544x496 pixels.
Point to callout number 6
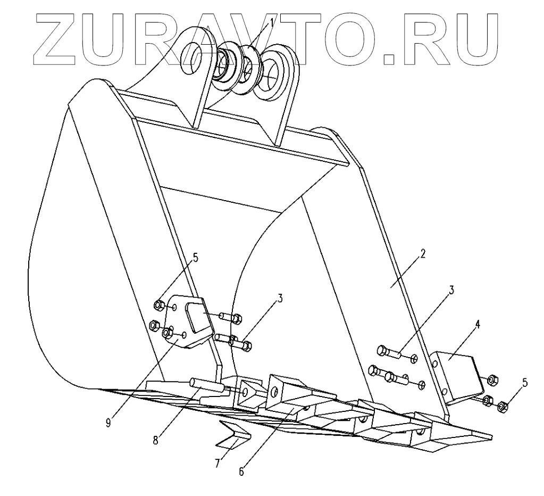click(242, 471)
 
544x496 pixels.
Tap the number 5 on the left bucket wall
click(195, 258)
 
